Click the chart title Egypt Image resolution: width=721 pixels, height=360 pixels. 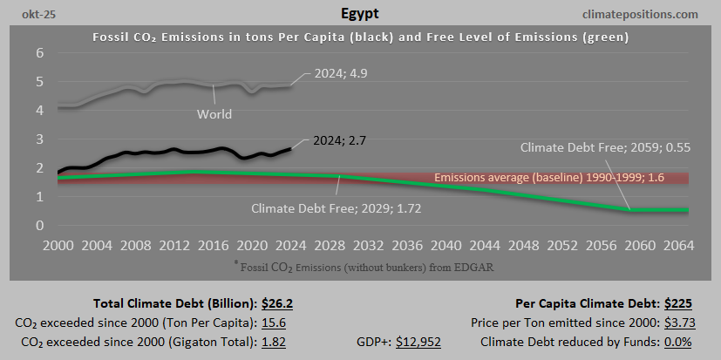[x=359, y=14]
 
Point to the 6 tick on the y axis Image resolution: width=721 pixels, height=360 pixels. [x=38, y=53]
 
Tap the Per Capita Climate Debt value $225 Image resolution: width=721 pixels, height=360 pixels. [x=678, y=304]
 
